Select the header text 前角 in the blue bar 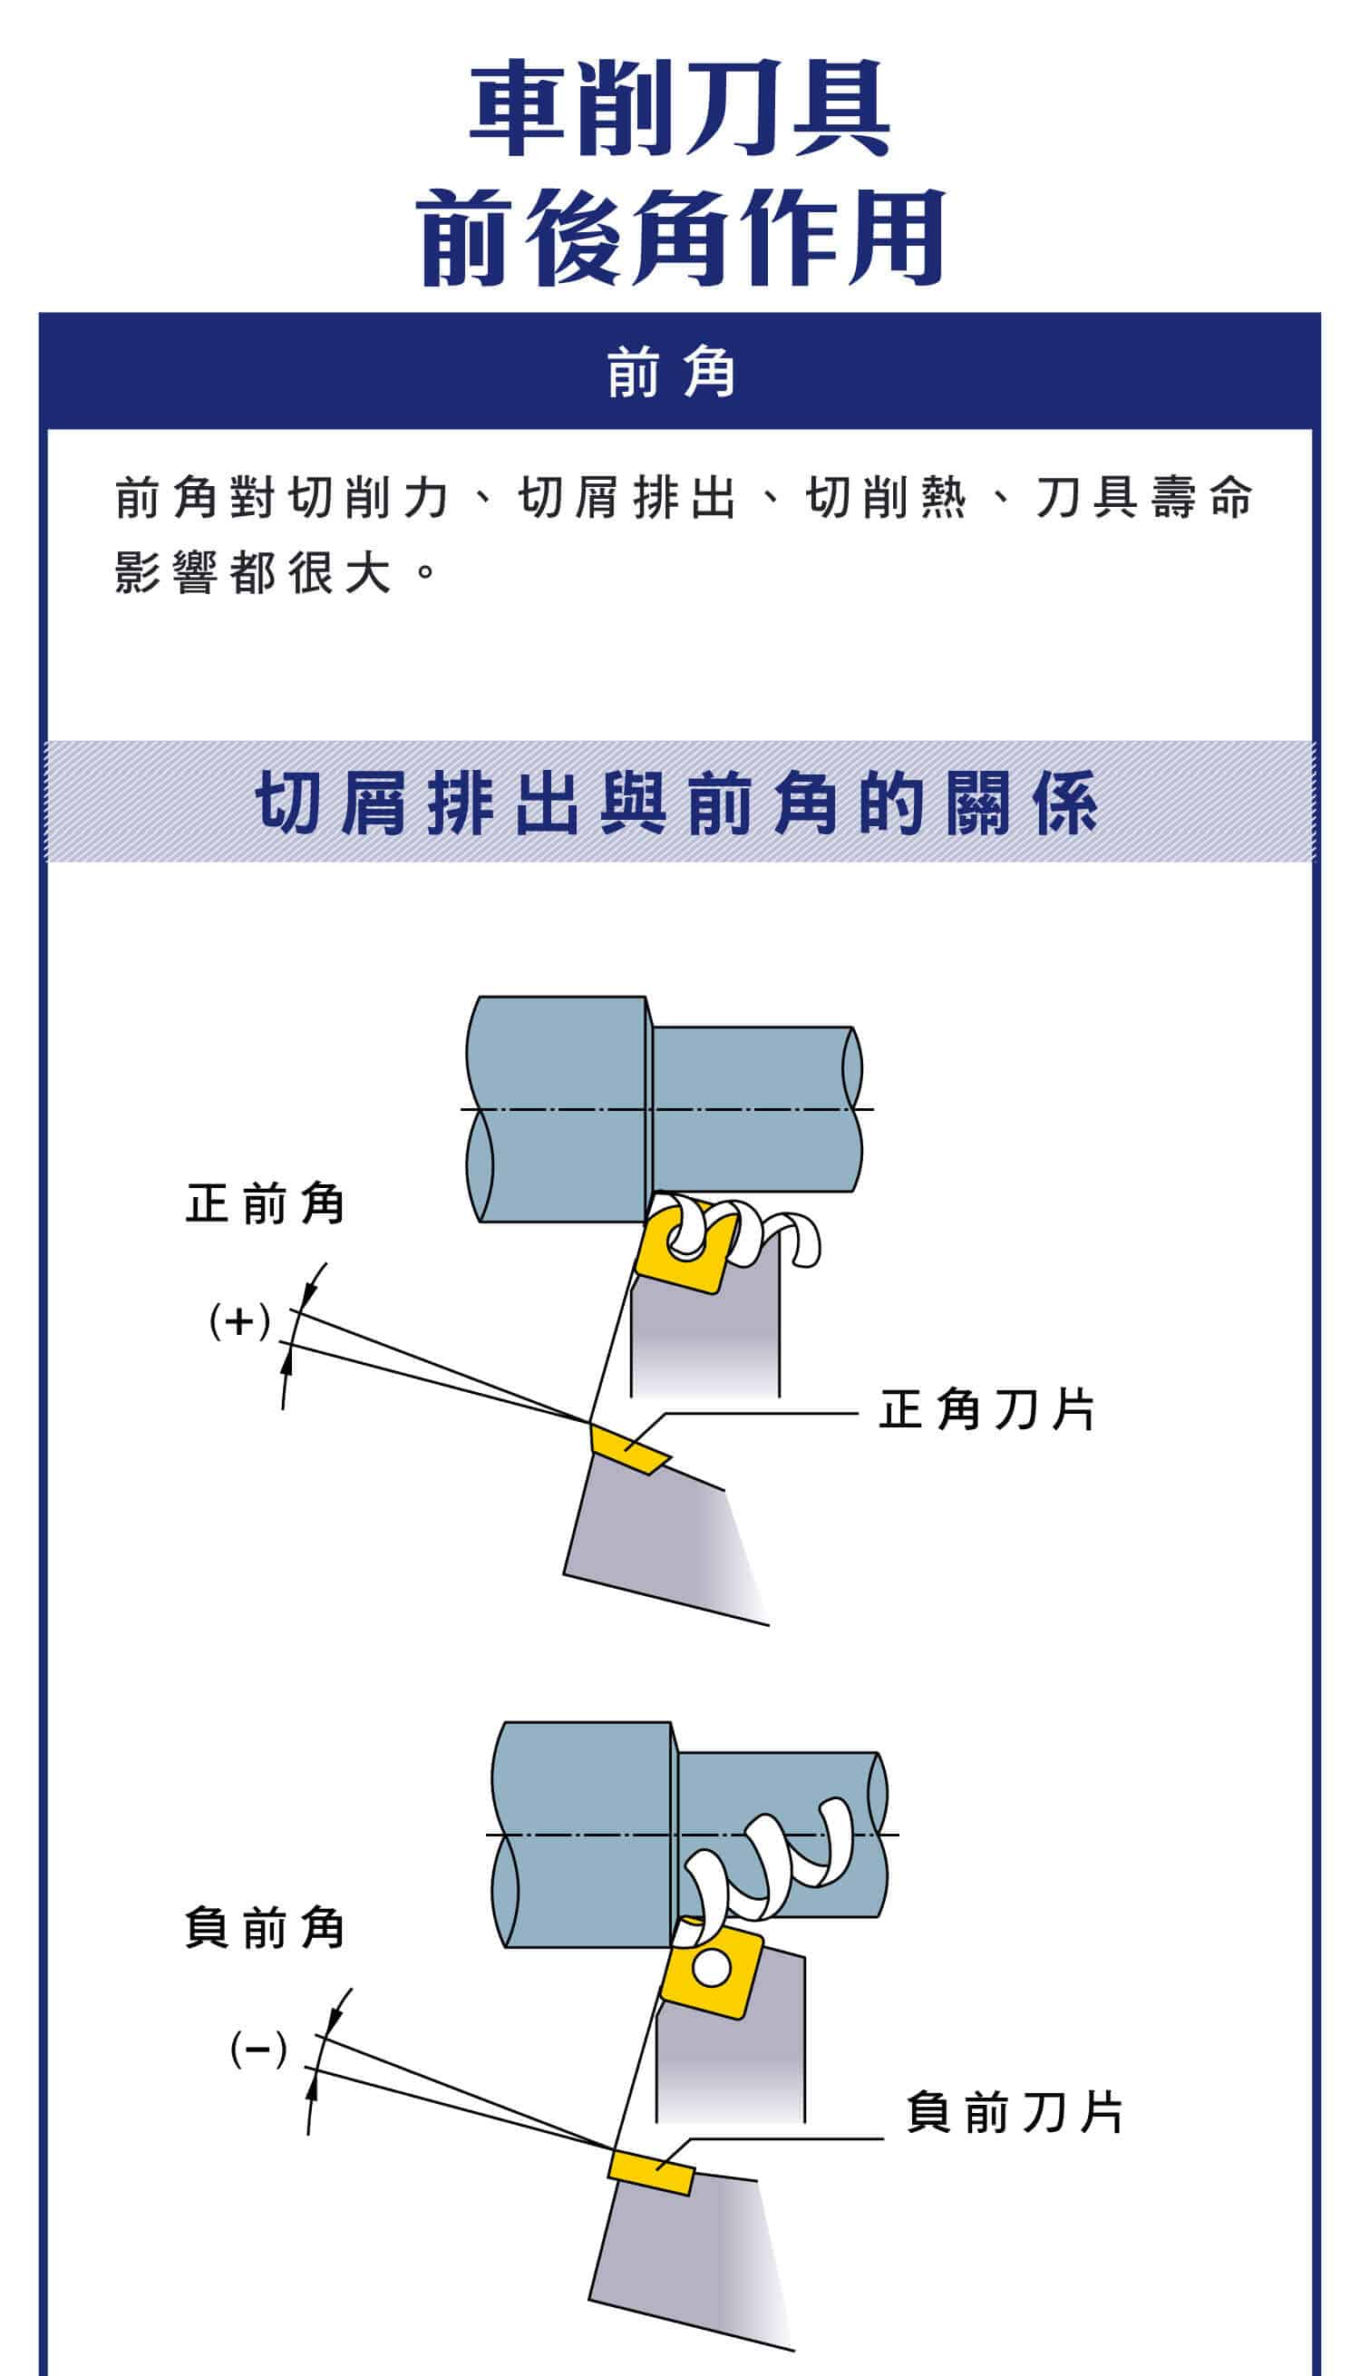(x=671, y=373)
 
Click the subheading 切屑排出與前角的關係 (x=677, y=803)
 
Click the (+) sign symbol (x=240, y=1321)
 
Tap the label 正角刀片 (x=986, y=1409)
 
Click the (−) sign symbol (x=257, y=2050)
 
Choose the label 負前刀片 (x=1015, y=2113)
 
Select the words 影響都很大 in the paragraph (x=252, y=572)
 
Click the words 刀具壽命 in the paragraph (x=1143, y=497)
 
